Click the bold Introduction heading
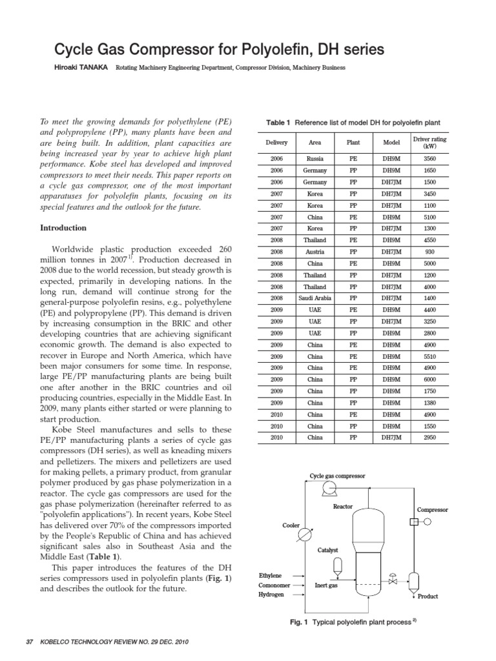point(63,228)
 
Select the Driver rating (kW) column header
point(429,142)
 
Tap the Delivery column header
point(276,142)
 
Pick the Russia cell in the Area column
point(315,158)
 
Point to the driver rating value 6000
point(429,380)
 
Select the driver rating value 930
point(429,251)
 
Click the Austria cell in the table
point(315,251)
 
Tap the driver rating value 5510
point(429,356)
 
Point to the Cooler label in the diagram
point(291,525)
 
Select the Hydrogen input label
point(271,594)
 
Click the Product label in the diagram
point(428,596)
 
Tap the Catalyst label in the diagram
point(327,550)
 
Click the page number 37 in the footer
point(28,642)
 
